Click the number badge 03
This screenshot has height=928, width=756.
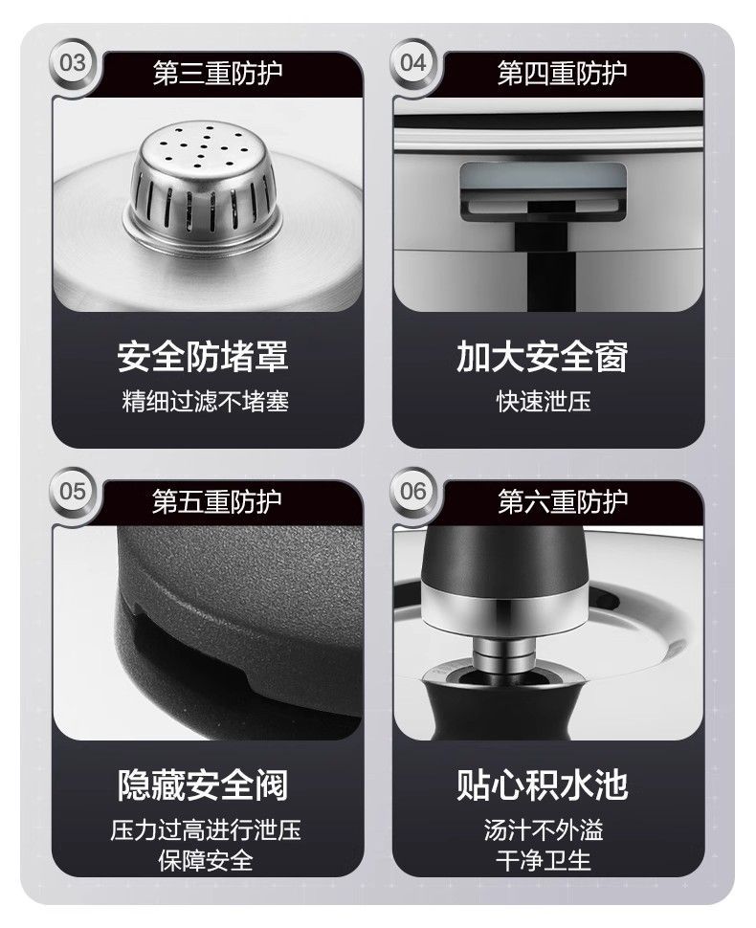coord(72,63)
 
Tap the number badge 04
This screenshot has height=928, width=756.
coord(413,63)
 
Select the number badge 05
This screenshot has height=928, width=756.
coord(72,491)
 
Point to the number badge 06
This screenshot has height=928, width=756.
coord(413,491)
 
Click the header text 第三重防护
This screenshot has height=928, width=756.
coord(217,74)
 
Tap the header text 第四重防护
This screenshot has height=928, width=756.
coord(562,74)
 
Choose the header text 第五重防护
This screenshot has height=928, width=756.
coord(217,502)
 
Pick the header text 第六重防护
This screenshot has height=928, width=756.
coord(562,502)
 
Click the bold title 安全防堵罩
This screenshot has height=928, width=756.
coord(203,356)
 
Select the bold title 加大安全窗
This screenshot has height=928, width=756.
coord(543,356)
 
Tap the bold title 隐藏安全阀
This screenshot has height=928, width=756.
coord(203,784)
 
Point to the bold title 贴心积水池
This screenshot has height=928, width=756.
coord(543,784)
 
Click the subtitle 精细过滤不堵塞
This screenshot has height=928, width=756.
coord(206,401)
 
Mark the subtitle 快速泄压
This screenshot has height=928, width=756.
coord(544,401)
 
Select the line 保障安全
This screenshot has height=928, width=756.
coord(206,860)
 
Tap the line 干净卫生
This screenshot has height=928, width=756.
coord(544,860)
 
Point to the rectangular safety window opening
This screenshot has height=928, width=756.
coord(544,191)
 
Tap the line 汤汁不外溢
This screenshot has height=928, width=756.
coord(544,829)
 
